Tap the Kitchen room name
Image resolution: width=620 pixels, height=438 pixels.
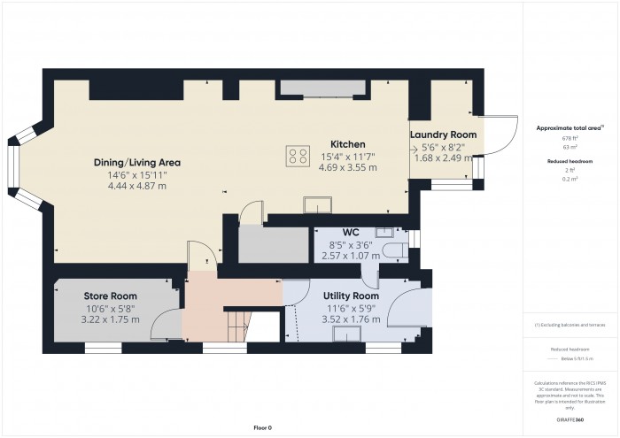pyautogui.click(x=348, y=144)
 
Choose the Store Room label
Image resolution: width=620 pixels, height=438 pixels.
pyautogui.click(x=111, y=295)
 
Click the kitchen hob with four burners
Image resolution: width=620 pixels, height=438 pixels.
pyautogui.click(x=298, y=156)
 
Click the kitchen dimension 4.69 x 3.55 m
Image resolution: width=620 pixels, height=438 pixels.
pyautogui.click(x=348, y=167)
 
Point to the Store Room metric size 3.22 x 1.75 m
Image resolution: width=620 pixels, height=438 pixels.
pyautogui.click(x=111, y=319)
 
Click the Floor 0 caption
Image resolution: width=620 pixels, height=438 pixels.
pyautogui.click(x=262, y=427)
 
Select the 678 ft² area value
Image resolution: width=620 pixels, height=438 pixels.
pyautogui.click(x=563, y=139)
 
